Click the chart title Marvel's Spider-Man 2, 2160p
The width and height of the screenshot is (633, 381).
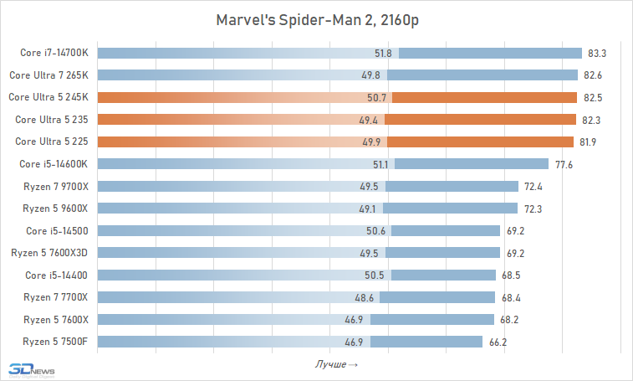[316, 19]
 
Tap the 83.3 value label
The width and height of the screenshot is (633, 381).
[597, 54]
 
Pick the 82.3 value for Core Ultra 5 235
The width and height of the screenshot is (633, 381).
[591, 120]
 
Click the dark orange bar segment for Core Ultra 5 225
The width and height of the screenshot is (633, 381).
[480, 142]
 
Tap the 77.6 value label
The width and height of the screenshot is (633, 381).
[564, 164]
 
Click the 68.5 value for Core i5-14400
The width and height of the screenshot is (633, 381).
[511, 275]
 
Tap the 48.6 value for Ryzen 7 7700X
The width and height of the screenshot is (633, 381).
[365, 296]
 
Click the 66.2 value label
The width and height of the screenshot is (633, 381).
[498, 342]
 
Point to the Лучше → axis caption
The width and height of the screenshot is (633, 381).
[336, 363]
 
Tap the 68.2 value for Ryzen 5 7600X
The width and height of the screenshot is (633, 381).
[509, 319]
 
